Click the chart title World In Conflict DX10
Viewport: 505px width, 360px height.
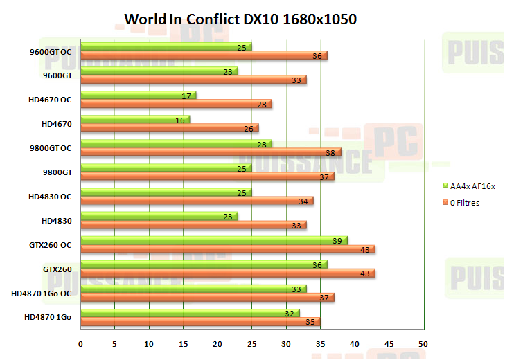240,19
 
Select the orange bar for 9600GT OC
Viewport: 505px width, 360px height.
204,55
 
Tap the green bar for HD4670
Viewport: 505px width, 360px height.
135,120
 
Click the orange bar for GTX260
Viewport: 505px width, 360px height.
227,273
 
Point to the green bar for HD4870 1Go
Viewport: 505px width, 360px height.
190,313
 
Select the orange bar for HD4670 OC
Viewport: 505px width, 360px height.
176,104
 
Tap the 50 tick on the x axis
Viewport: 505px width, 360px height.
423,344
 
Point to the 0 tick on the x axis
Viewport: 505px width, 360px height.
81,344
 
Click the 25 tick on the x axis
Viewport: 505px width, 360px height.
252,344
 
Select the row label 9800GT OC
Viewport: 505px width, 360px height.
52,148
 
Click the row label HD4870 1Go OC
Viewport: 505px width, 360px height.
42,294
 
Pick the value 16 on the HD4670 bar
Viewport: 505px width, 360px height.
179,120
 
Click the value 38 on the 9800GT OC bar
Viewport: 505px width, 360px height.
330,153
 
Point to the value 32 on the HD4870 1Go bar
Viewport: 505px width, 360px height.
289,313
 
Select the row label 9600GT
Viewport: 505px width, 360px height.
57,75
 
